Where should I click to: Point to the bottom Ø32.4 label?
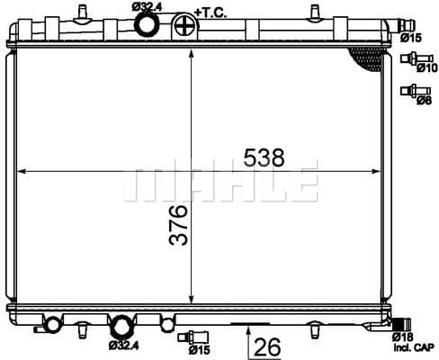124,345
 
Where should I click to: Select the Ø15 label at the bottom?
199,349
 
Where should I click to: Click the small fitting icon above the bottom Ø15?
187,337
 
